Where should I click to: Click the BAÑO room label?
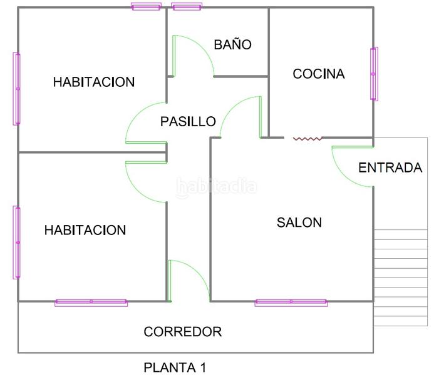pos(232,45)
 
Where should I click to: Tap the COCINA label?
pos(319,74)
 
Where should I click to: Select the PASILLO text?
pos(188,121)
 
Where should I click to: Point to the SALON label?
pos(299,222)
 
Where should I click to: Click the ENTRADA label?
pos(390,167)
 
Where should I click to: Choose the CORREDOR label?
pos(183,332)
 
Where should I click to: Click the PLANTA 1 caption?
pos(175,367)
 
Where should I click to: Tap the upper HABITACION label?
pos(94,82)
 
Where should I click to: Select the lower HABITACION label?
pos(85,230)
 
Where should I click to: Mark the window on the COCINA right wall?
pos(374,74)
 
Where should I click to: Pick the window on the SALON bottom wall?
pos(291,302)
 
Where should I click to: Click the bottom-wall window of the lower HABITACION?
pos(91,302)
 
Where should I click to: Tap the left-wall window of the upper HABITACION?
pos(17,89)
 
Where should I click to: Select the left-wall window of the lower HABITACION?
pos(17,242)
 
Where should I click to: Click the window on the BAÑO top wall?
pos(187,7)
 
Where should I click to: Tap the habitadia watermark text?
pos(217,186)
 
